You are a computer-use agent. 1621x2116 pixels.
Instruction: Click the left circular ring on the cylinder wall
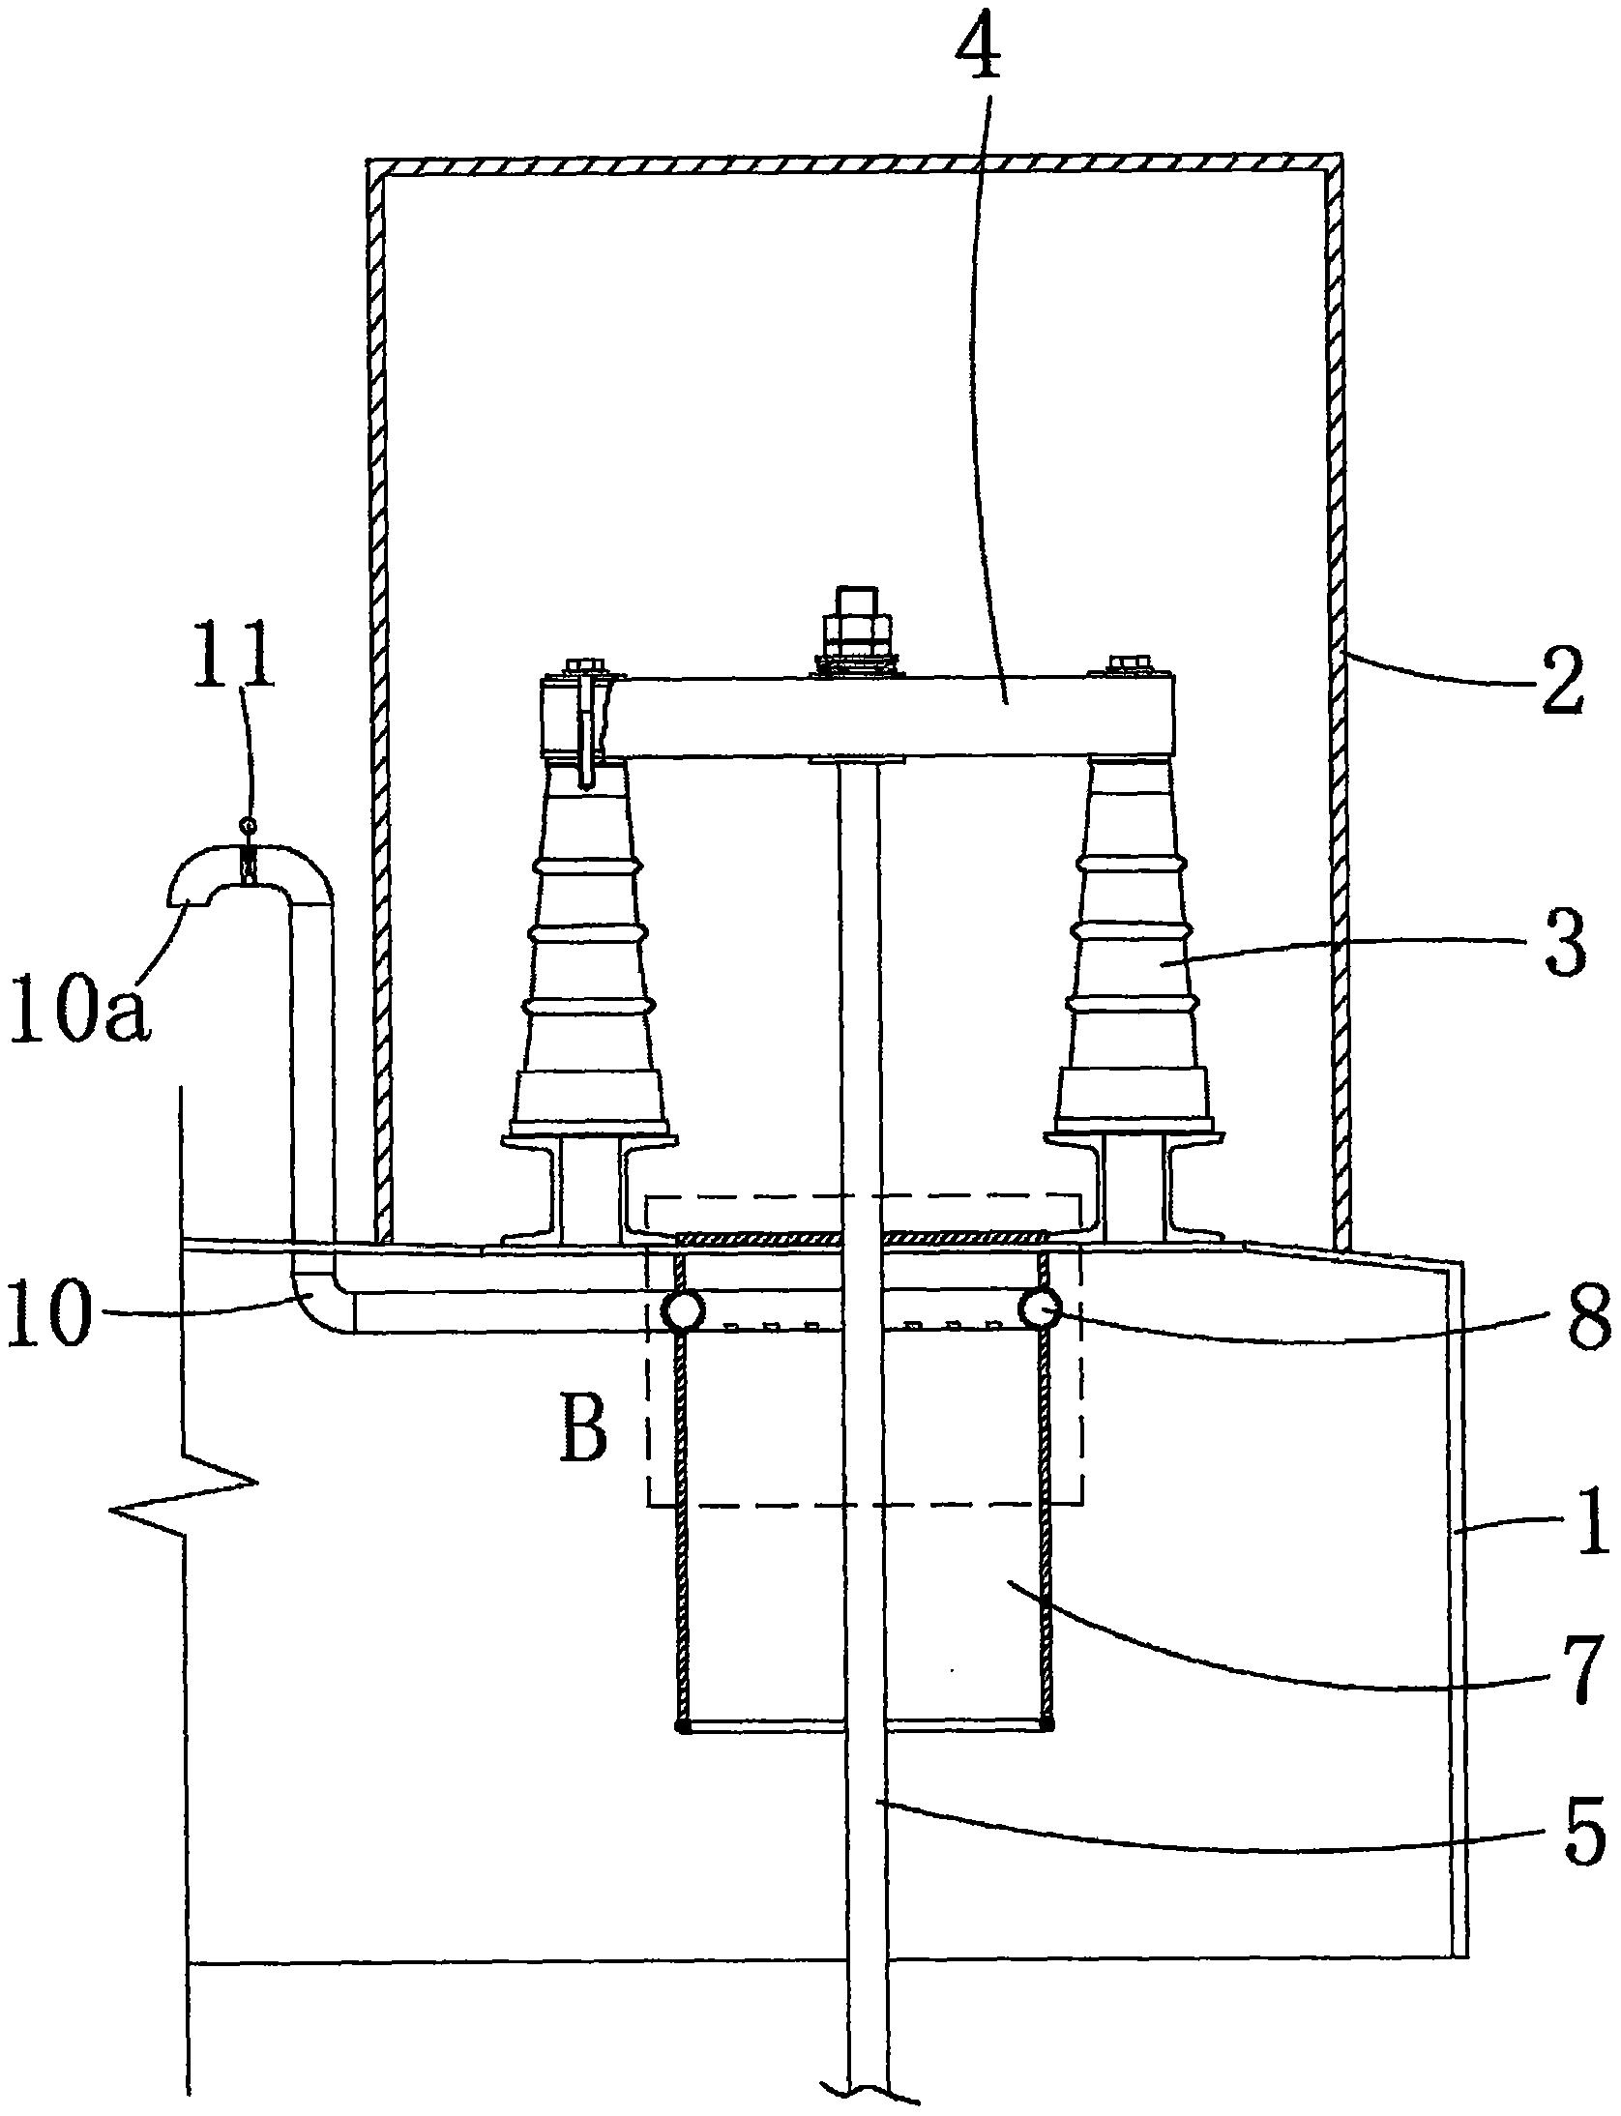tap(683, 1312)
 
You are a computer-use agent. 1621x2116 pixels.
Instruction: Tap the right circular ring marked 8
tap(1041, 1310)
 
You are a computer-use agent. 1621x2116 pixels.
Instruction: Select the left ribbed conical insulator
tap(588, 952)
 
